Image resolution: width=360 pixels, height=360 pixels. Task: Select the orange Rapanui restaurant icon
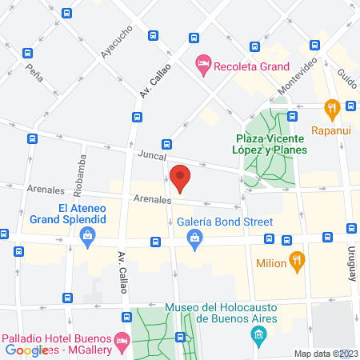click(330, 108)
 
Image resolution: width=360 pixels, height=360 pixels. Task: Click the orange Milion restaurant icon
click(296, 259)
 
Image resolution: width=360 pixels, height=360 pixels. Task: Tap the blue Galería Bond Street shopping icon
click(194, 237)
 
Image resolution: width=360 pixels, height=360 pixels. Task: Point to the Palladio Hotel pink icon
click(122, 340)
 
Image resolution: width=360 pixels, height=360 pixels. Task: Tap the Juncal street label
click(150, 155)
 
